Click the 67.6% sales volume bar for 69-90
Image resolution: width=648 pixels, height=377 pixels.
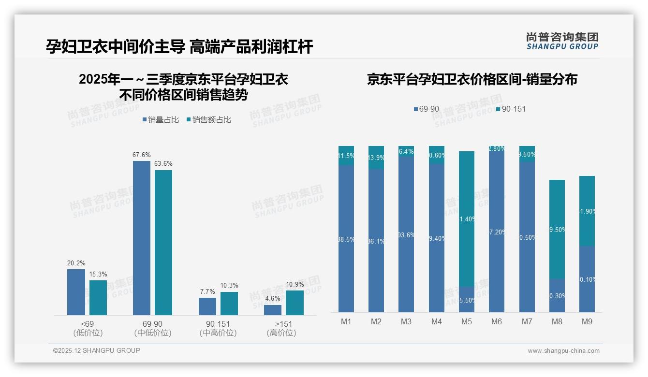[x=141, y=238]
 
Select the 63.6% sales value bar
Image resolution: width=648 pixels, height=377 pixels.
[x=163, y=243]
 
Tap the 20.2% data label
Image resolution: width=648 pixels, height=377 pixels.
[x=76, y=263]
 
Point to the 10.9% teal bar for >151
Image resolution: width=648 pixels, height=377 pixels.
[x=295, y=303]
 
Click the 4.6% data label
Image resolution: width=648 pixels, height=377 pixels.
[x=273, y=299]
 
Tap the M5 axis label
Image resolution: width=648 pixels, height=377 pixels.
[x=466, y=321]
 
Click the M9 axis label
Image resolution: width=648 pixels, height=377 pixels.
[x=587, y=321]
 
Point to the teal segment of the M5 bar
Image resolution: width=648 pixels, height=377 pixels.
[x=466, y=219]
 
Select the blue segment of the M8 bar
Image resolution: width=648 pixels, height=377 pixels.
[x=557, y=295]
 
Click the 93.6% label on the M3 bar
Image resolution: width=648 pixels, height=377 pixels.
[x=406, y=235]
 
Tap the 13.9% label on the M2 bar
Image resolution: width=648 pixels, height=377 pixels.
[x=376, y=158]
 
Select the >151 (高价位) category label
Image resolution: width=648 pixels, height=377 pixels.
[x=281, y=328]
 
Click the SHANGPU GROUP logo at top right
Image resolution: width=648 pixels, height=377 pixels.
[x=562, y=41]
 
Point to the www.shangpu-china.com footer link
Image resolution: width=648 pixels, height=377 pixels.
[x=563, y=351]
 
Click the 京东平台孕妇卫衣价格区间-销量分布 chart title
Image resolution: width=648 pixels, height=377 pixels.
[x=471, y=79]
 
